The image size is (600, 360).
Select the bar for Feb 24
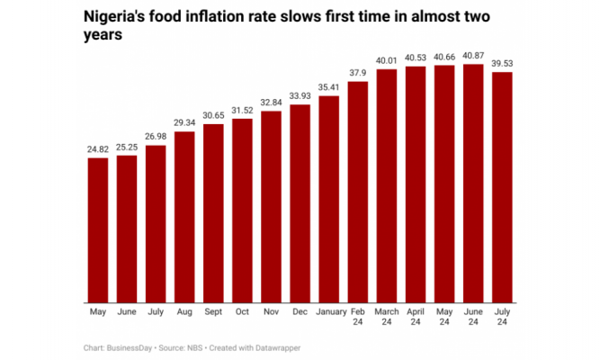tap(358, 192)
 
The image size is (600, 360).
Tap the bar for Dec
tap(300, 203)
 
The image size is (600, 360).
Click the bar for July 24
tap(502, 186)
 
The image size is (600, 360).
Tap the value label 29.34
tap(184, 123)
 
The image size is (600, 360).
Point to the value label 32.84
tap(271, 103)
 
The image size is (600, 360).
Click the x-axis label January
tap(329, 312)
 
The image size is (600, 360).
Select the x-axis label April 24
tap(416, 318)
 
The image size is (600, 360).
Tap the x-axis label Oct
tap(242, 312)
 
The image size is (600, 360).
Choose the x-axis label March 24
tap(387, 318)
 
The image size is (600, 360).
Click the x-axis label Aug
tap(184, 312)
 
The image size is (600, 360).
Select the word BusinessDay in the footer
tap(130, 346)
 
